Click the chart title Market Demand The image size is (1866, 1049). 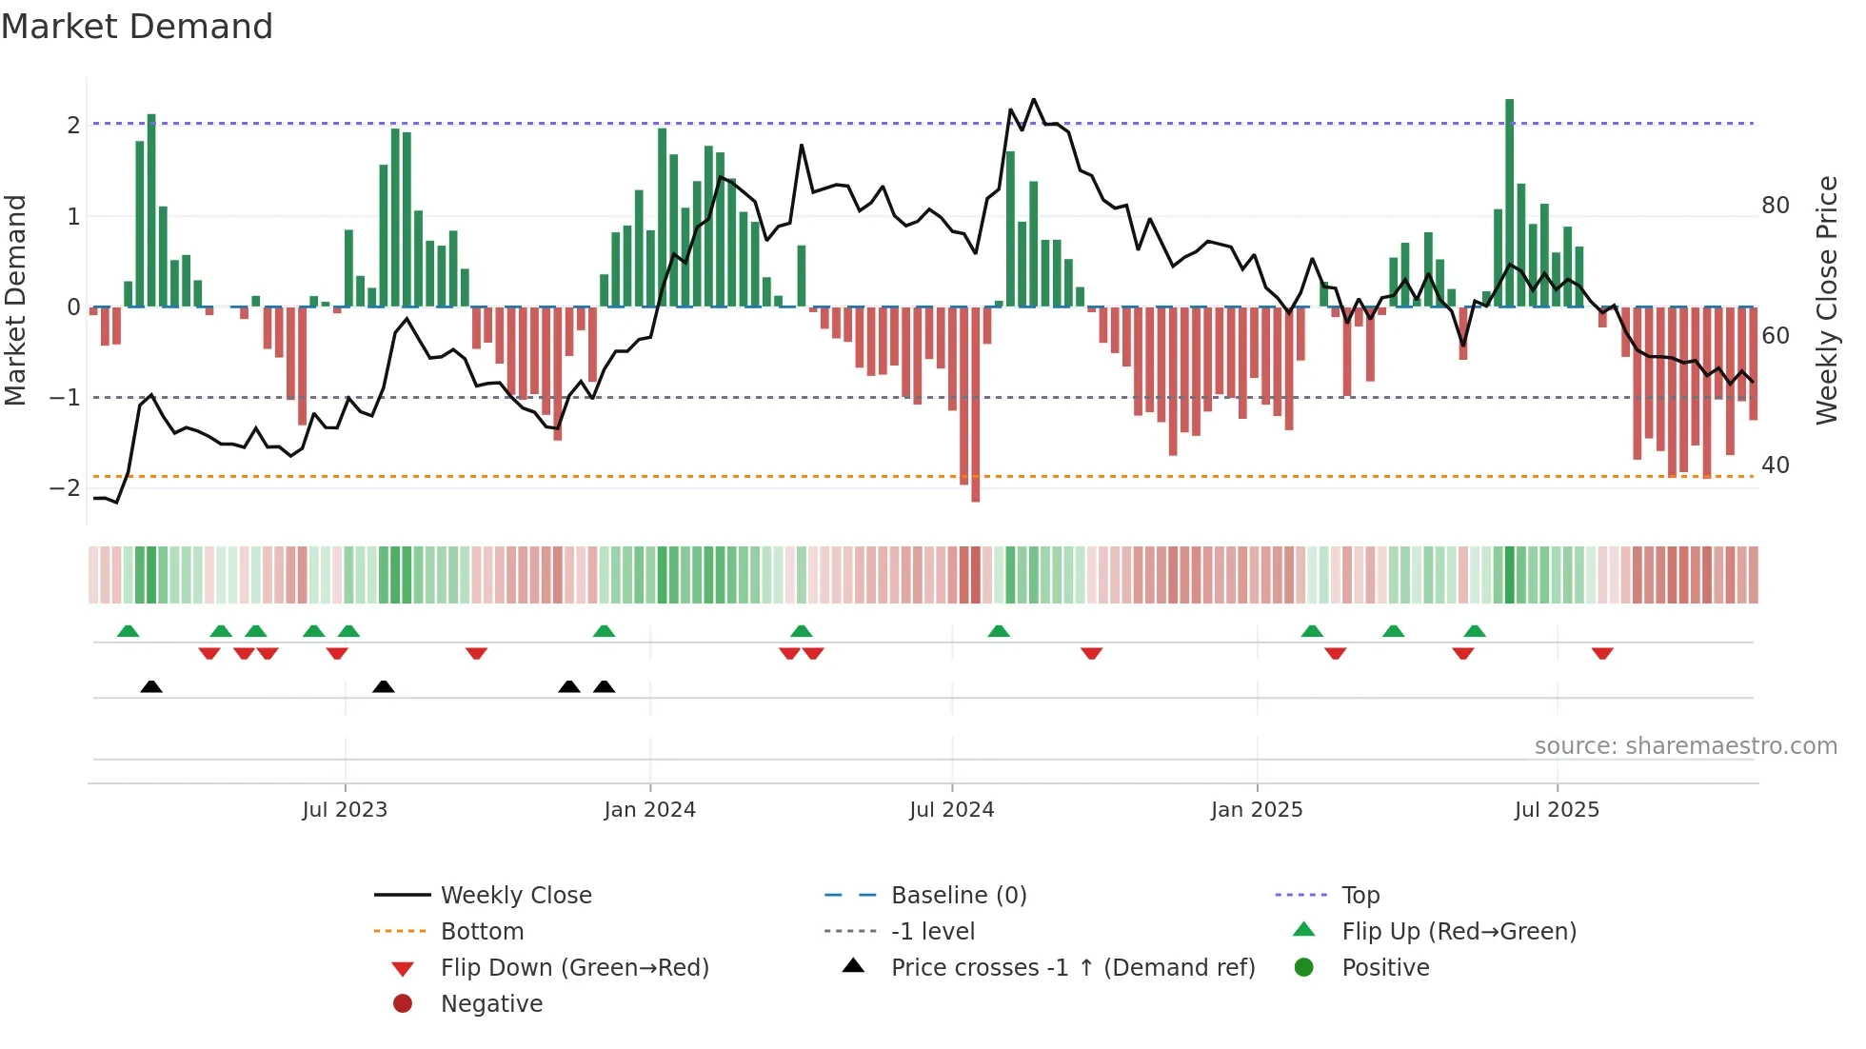tap(137, 27)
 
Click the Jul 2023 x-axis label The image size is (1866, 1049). tap(345, 810)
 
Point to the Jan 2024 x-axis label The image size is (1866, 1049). tap(649, 810)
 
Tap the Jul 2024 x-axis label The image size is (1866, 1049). tap(951, 810)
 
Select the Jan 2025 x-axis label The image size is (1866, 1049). tap(1257, 810)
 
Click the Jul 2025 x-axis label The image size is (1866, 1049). tap(1557, 810)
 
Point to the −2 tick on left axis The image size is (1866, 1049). tap(65, 488)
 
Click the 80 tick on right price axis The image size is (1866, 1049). tap(1776, 206)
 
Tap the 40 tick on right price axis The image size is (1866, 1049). tap(1776, 465)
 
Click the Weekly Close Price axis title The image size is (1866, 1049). tap(1826, 300)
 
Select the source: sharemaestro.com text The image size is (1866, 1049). tap(1685, 746)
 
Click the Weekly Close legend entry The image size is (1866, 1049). tap(516, 896)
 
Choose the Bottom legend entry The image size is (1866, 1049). tap(482, 932)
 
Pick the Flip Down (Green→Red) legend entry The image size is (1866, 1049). tap(574, 968)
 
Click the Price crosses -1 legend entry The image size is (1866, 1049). tap(1072, 968)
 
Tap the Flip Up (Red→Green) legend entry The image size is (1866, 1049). tap(1459, 932)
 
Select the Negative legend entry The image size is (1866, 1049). tap(491, 1004)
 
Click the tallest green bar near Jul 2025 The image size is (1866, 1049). tap(1509, 202)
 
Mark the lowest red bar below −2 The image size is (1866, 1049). tap(975, 404)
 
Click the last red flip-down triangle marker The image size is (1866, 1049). tap(1602, 653)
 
